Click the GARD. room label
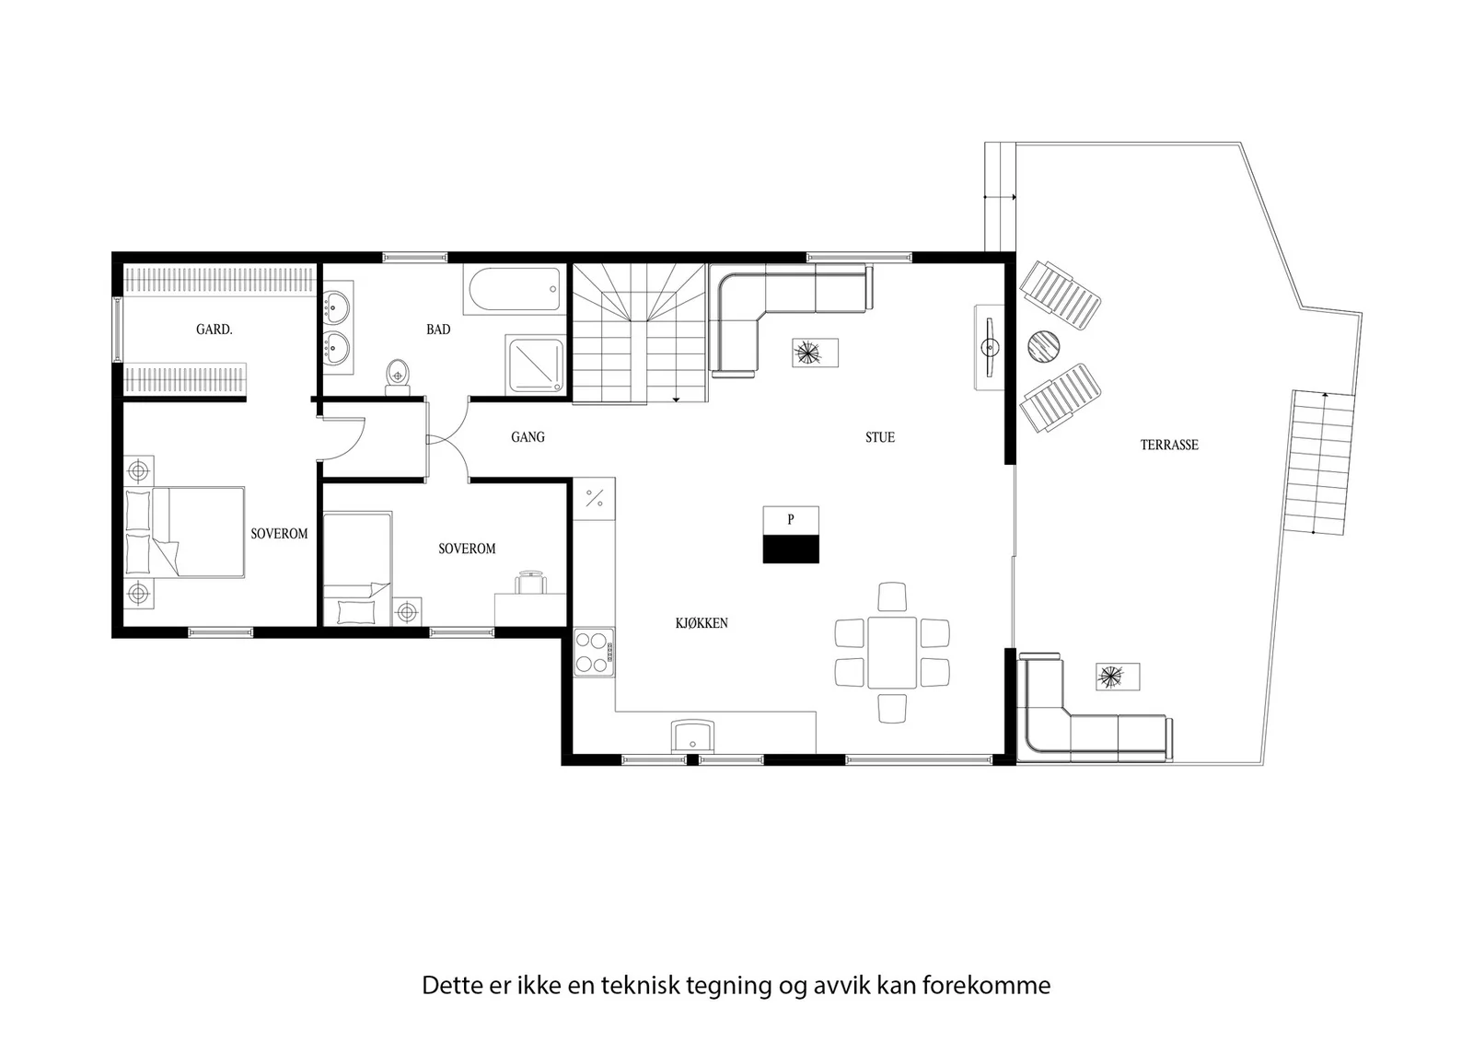(x=215, y=330)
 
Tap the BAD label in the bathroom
(x=438, y=330)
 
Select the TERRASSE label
(x=1169, y=446)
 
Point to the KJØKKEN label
(x=702, y=623)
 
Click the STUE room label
(x=880, y=437)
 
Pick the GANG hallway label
(x=528, y=436)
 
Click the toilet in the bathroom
(x=397, y=376)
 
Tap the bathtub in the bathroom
(x=515, y=289)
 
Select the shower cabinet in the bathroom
(x=535, y=363)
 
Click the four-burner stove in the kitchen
(x=594, y=652)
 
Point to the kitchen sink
(x=692, y=735)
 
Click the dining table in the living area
(x=892, y=652)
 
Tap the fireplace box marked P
(x=791, y=535)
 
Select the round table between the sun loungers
(x=1044, y=346)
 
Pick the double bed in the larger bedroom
(x=184, y=532)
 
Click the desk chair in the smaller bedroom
(x=530, y=583)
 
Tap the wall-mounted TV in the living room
(x=989, y=347)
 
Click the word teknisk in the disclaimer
(x=640, y=986)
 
